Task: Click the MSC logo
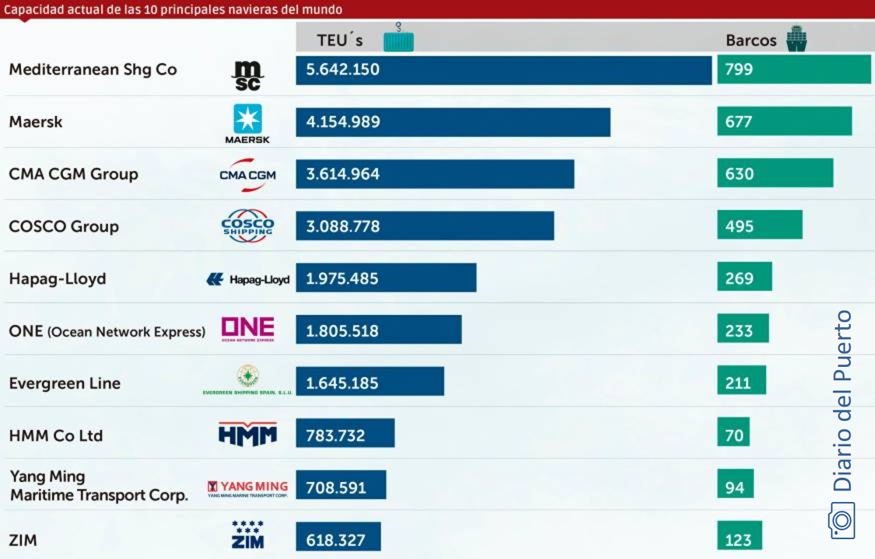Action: (x=247, y=76)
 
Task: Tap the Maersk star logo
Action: (x=248, y=119)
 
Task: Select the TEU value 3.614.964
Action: (x=343, y=174)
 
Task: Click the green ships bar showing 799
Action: (x=793, y=69)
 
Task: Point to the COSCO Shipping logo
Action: (x=248, y=226)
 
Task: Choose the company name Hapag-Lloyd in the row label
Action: (x=58, y=279)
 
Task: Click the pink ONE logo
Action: (x=248, y=329)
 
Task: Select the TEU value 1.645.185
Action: (x=342, y=383)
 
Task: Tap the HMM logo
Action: (x=248, y=434)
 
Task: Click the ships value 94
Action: (x=734, y=488)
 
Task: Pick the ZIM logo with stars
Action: (x=248, y=535)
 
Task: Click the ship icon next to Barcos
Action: (x=796, y=39)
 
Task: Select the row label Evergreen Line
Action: (x=65, y=384)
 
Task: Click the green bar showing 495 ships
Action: (x=759, y=226)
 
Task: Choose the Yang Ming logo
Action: (x=248, y=489)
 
